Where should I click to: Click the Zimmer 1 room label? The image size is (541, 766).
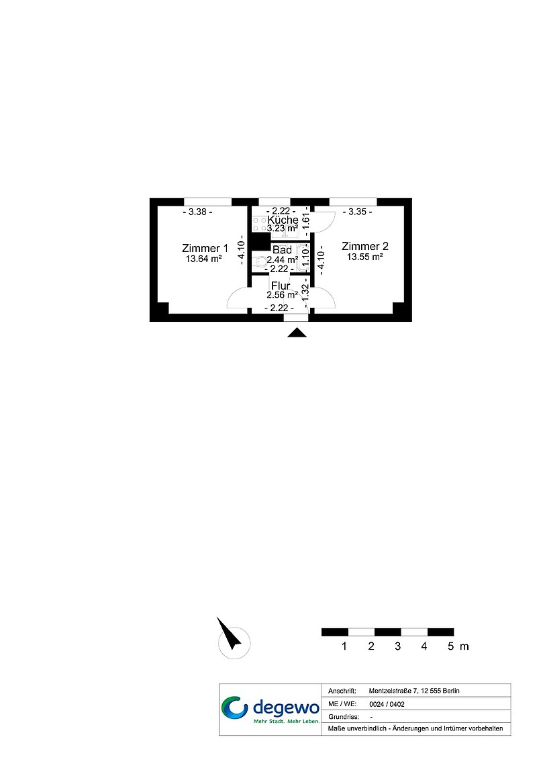coord(205,248)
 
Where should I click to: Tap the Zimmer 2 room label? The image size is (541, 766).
coord(365,246)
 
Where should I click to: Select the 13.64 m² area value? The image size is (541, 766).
coord(204,259)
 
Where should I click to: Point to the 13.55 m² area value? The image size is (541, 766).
coord(364,257)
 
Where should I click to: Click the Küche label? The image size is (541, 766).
coord(283,220)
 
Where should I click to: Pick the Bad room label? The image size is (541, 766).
coord(282,250)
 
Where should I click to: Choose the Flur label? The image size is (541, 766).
coord(281,286)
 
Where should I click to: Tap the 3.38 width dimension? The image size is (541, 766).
coord(197,212)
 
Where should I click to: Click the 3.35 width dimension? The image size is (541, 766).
coord(358,212)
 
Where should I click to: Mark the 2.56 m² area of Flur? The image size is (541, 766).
coord(282,295)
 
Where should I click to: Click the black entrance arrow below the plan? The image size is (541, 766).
coord(297,333)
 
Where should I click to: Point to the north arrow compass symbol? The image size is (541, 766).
coord(233,639)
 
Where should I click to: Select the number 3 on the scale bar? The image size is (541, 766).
coord(397,646)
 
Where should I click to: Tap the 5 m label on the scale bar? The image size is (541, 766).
coord(458,646)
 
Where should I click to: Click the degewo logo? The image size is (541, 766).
coord(270,710)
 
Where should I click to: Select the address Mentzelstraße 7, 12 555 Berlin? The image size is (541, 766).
coord(414,691)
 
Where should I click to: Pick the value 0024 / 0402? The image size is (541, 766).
coord(387,704)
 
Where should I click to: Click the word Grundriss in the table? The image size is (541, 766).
coord(344,717)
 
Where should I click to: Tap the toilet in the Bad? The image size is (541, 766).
coord(258,261)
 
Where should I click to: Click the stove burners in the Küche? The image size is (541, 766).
coord(259,224)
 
